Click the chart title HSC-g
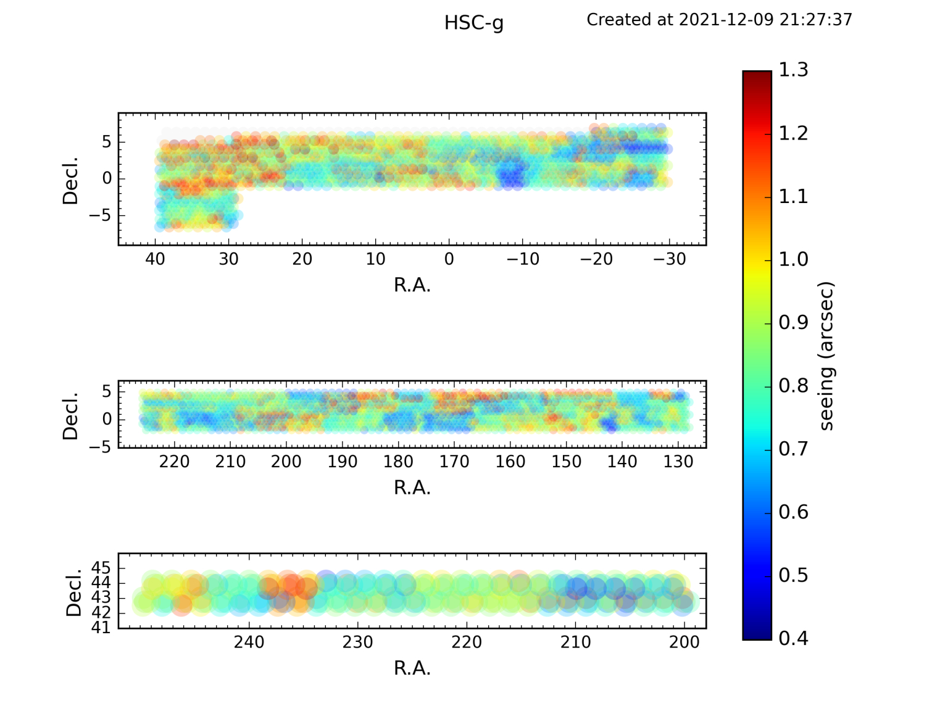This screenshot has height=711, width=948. [473, 23]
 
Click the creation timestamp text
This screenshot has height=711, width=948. [719, 20]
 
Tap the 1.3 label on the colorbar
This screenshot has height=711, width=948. [793, 70]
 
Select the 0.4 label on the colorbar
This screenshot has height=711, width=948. [793, 638]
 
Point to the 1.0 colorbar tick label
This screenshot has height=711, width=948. [793, 259]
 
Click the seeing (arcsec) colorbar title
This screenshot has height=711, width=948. [826, 356]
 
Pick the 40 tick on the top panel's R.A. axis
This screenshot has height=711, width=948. [155, 259]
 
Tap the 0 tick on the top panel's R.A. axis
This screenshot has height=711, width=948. [449, 259]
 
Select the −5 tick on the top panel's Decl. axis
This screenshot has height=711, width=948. [99, 216]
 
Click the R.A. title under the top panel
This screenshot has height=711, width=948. [412, 285]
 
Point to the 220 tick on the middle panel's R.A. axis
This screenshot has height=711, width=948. [174, 462]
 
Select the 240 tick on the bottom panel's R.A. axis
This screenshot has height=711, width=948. [249, 642]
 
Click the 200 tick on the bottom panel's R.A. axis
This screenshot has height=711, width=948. [684, 642]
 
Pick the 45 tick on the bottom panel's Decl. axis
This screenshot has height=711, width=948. [101, 568]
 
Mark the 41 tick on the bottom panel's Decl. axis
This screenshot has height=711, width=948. [101, 628]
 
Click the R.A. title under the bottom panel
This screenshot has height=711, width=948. [412, 668]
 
